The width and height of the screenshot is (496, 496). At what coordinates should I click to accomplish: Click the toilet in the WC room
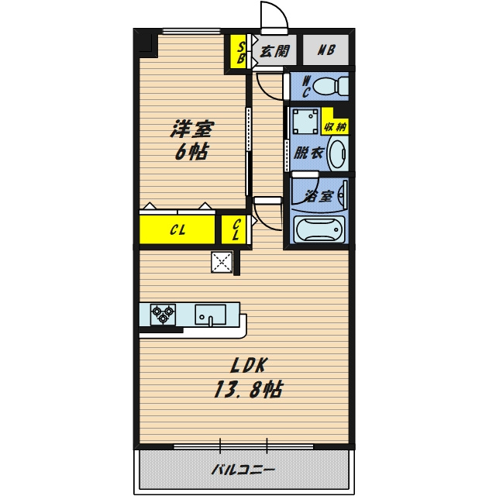330,85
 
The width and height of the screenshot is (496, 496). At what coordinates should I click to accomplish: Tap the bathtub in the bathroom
319,229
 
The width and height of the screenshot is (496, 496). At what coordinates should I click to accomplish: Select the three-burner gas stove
163,315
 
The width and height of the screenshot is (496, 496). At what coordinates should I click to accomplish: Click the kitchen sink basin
210,315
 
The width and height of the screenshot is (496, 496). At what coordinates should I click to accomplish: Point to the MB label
326,50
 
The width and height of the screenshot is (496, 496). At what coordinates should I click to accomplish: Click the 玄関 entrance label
274,50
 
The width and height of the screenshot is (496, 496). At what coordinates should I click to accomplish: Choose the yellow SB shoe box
238,53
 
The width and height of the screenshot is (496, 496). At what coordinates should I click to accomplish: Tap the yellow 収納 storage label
336,127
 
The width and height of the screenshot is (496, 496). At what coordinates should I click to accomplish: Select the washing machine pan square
305,121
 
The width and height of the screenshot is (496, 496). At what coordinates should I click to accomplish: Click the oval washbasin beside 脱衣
338,153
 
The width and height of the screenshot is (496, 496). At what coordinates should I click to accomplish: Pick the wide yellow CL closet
177,229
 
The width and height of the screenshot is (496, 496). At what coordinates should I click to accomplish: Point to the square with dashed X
222,262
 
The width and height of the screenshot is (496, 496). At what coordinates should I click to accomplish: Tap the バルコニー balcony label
243,470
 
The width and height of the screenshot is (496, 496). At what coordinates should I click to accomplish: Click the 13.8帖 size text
248,389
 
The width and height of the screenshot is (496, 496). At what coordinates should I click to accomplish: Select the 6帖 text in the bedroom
192,153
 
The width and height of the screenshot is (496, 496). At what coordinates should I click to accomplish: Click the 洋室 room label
192,129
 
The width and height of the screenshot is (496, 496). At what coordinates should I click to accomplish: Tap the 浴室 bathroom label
318,196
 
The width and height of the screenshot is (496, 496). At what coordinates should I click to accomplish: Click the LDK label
249,366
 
